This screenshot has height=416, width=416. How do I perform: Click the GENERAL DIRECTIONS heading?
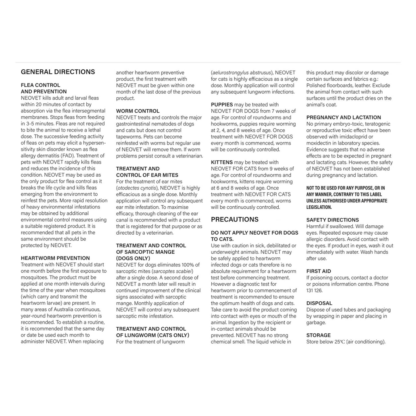58,72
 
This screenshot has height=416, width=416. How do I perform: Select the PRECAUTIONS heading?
235,219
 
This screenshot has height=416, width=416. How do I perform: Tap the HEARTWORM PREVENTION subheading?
55,258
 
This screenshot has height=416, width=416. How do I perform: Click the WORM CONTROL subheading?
138,111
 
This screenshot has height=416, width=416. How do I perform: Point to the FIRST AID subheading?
319,271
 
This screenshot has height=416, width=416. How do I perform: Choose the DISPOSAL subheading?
319,303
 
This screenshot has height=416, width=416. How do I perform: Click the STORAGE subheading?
318,335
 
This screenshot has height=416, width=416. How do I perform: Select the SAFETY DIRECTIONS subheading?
333,220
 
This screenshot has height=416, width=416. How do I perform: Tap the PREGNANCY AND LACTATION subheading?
343,117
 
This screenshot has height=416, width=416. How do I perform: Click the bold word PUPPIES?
222,105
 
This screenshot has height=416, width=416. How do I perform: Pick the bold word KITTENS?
222,162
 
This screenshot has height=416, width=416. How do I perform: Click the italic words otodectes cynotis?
136,188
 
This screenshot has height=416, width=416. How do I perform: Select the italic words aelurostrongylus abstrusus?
242,73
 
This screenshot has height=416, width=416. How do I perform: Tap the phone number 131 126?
314,290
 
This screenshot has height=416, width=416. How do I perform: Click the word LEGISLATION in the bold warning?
319,207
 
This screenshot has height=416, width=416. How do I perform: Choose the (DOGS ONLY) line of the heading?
133,258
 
